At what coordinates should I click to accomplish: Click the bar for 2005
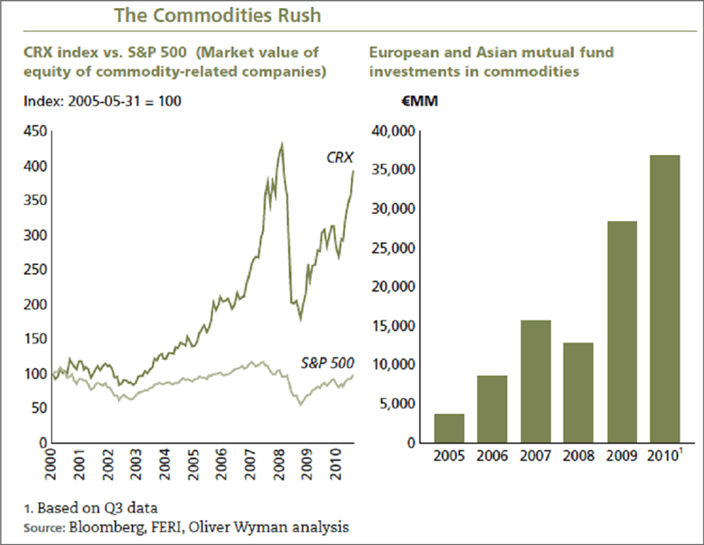pyautogui.click(x=449, y=428)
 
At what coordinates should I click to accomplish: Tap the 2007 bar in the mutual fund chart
pyautogui.click(x=535, y=381)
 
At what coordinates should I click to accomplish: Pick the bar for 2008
pyautogui.click(x=578, y=393)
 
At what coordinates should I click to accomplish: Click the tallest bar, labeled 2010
pyautogui.click(x=664, y=298)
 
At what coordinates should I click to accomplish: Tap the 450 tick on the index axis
pyautogui.click(x=34, y=132)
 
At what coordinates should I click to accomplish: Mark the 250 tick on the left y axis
pyautogui.click(x=34, y=270)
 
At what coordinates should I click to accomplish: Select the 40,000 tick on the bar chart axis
pyautogui.click(x=393, y=132)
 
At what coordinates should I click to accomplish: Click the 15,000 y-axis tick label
pyautogui.click(x=393, y=326)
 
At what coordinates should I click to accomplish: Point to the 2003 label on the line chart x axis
pyautogui.click(x=136, y=462)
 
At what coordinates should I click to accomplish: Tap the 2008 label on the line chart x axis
pyautogui.click(x=279, y=462)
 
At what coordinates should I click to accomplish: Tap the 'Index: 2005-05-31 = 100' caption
pyautogui.click(x=103, y=102)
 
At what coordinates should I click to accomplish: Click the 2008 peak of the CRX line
pyautogui.click(x=281, y=143)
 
